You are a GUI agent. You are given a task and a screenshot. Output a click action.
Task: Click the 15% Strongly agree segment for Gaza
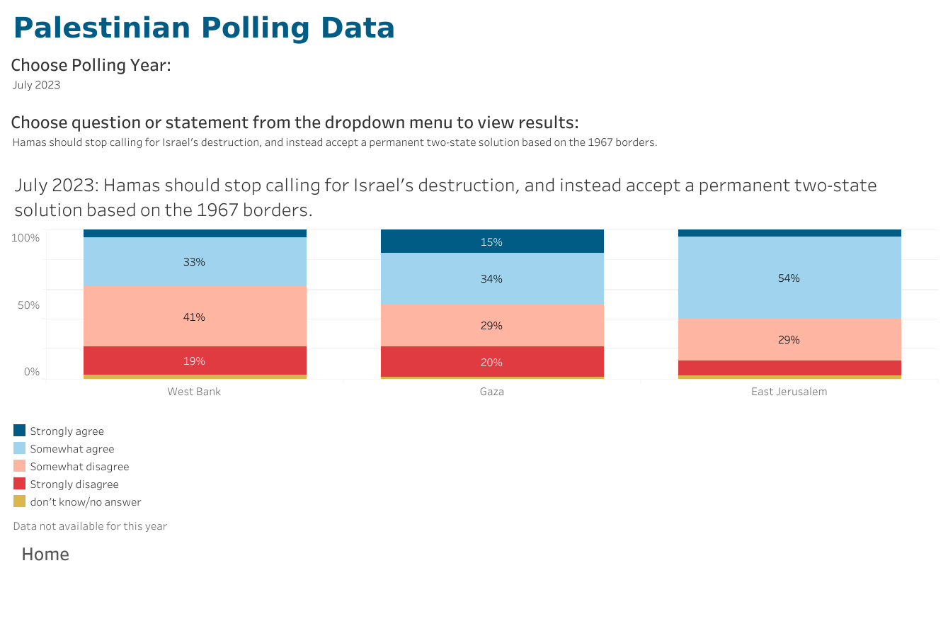click(492, 242)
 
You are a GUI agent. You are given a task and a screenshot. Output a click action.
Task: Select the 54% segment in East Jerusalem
click(789, 278)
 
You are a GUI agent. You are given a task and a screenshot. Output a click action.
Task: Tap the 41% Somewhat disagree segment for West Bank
click(195, 317)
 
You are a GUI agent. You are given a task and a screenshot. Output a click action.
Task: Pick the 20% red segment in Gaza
click(492, 362)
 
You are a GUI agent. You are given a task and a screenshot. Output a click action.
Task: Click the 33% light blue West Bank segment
click(195, 261)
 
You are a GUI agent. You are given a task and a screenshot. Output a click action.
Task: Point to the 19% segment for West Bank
click(195, 360)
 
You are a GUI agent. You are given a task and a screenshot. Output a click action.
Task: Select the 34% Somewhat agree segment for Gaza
click(492, 278)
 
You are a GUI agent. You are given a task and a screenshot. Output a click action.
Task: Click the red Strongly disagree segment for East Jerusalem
click(789, 368)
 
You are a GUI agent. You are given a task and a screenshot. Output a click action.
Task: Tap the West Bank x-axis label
click(194, 392)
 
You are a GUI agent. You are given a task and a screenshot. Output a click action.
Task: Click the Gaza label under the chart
click(492, 392)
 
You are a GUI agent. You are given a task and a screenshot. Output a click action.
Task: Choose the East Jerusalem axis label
click(789, 392)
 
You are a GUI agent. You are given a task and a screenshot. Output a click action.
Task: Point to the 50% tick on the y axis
click(28, 305)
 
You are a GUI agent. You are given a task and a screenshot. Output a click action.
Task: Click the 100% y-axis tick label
click(25, 238)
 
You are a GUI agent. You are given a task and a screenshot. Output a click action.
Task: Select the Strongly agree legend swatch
click(20, 431)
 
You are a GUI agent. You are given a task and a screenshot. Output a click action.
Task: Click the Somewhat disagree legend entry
click(79, 467)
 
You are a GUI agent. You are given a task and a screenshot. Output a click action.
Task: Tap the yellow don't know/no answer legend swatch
click(20, 501)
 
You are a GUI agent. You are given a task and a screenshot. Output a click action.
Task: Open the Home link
click(45, 555)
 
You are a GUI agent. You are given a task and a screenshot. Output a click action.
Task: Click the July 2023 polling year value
click(37, 85)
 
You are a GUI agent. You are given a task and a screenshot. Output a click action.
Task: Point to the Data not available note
click(90, 526)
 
